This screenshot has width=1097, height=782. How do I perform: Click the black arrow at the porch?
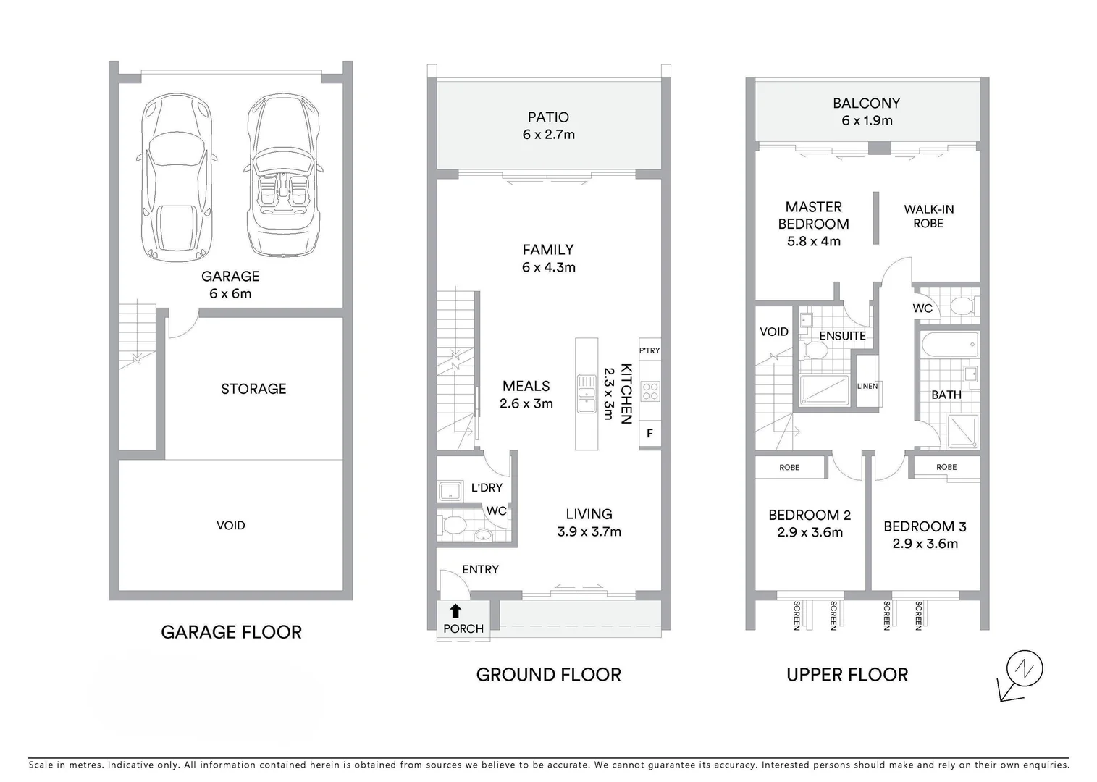455,611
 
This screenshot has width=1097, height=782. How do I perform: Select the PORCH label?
463,628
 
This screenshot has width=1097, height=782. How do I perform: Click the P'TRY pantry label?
650,350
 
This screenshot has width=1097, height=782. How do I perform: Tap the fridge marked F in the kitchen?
650,434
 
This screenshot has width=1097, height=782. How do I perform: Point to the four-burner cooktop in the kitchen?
650,392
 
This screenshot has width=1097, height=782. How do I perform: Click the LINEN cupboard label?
867,386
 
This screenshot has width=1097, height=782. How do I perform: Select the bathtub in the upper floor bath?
949,344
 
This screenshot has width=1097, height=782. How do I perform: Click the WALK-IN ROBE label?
928,216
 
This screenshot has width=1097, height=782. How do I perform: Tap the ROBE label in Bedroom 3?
946,467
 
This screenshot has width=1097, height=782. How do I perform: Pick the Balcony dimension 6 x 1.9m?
866,121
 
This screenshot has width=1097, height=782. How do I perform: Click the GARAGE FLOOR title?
231,632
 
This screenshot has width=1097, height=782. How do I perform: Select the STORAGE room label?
253,389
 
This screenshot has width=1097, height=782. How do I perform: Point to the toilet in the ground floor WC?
453,524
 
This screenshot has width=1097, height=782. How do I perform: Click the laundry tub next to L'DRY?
450,491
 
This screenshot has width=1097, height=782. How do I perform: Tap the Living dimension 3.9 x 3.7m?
589,531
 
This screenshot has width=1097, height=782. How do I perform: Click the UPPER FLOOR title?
846,675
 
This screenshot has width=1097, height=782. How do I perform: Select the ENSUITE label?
842,336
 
